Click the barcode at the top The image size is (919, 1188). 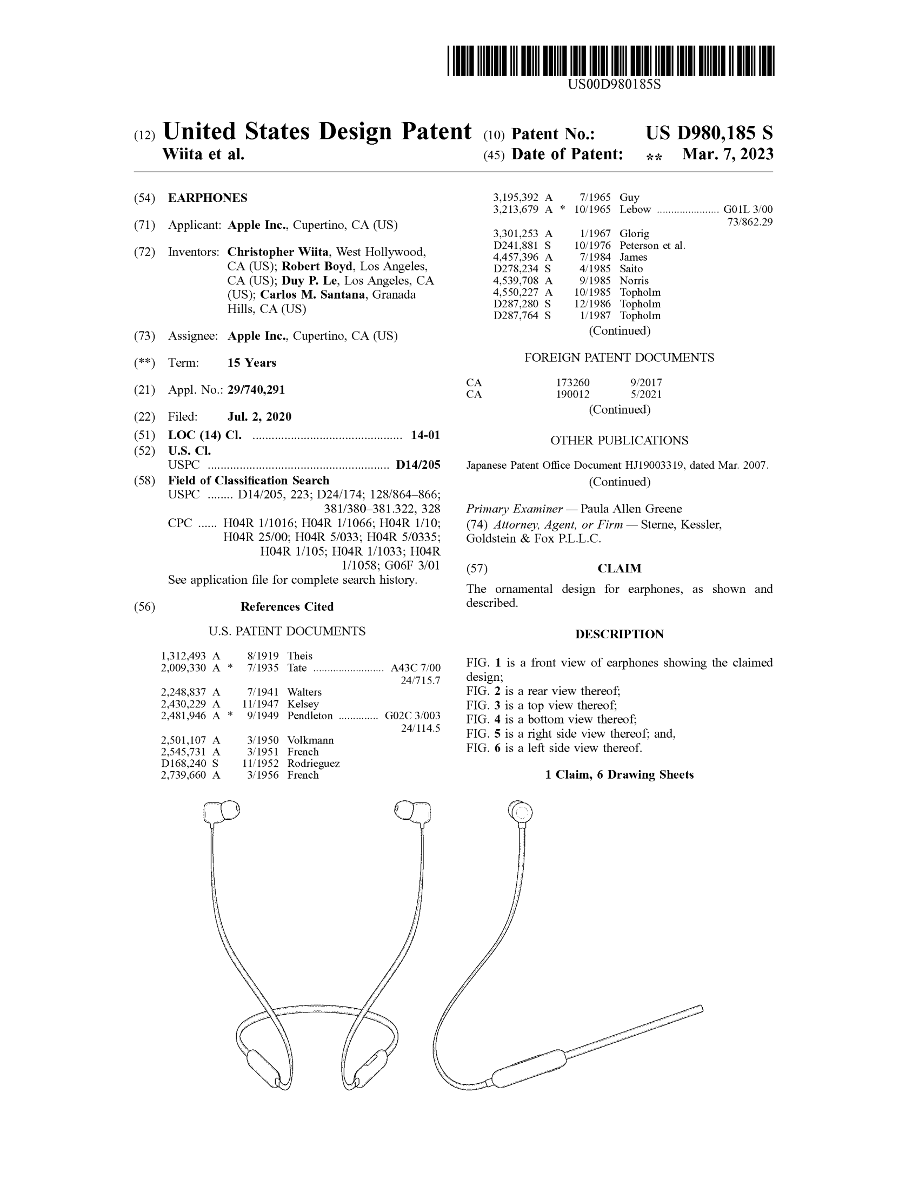point(610,60)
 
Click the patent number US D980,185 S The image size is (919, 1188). point(709,133)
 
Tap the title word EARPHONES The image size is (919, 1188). point(208,198)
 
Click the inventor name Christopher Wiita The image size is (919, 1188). point(278,252)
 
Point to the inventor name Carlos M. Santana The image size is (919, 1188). point(312,295)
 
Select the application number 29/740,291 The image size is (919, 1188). point(256,389)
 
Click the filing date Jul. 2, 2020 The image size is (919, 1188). point(259,417)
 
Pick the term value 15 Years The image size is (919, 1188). point(251,363)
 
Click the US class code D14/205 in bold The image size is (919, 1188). point(417,465)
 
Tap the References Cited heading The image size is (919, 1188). point(287,606)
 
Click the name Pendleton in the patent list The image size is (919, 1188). point(310,716)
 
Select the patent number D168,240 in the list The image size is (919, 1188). point(183,763)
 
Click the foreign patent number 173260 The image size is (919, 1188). point(572,382)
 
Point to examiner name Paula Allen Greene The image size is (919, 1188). point(631,509)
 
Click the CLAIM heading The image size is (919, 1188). point(619,569)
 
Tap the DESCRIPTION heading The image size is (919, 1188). point(619,634)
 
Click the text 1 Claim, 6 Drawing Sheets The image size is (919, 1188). point(619,774)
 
